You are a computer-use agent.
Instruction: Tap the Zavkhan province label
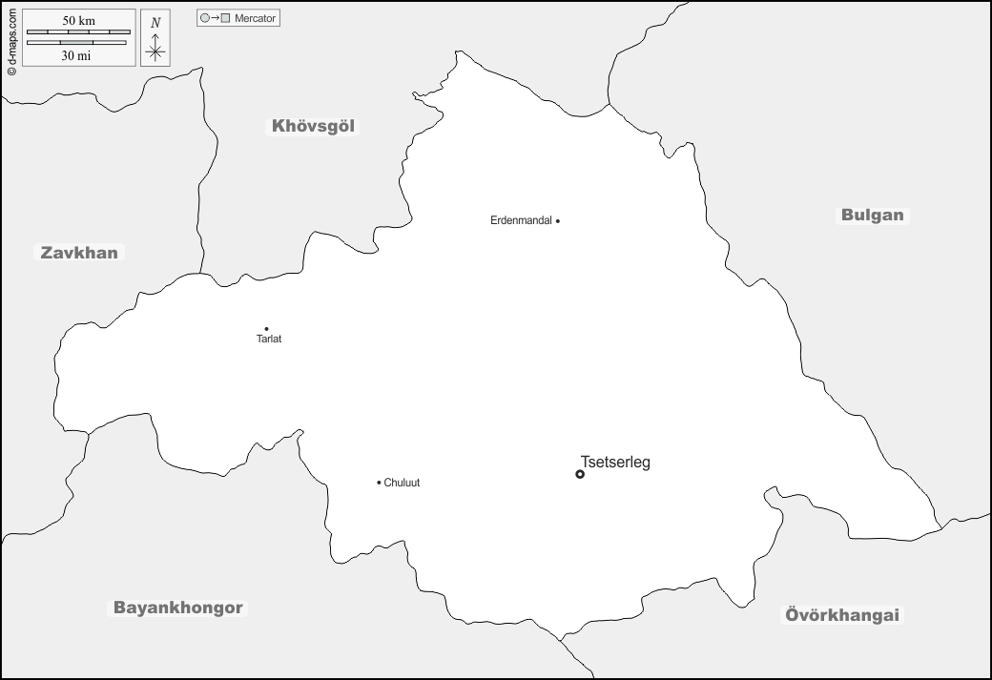(79, 253)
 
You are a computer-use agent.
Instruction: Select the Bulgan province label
(872, 215)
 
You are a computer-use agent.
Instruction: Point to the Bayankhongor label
(179, 608)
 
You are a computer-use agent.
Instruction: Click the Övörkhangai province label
(842, 615)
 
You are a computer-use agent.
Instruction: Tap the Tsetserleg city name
(615, 463)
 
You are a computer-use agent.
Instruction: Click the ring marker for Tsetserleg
(580, 474)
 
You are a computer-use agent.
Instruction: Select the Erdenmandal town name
(521, 220)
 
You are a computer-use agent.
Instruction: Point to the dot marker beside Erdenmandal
(558, 221)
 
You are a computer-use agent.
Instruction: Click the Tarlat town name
(269, 340)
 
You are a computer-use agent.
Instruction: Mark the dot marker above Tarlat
(266, 329)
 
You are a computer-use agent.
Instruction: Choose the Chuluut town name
(402, 483)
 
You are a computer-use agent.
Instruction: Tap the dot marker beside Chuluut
(379, 483)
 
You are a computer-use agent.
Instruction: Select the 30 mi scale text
(76, 55)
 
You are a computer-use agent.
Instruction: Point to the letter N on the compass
(155, 22)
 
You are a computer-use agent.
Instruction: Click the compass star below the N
(155, 52)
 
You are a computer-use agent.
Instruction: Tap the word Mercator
(255, 18)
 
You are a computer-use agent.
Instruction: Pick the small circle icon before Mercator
(204, 18)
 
